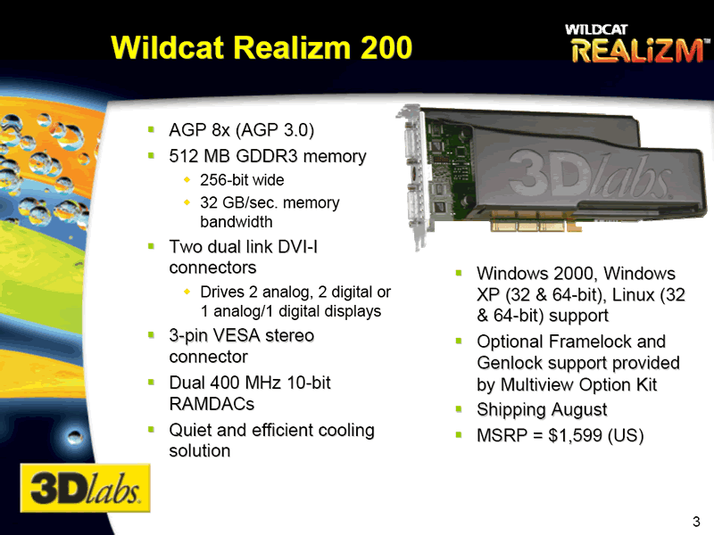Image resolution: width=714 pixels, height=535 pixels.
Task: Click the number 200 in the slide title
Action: click(x=386, y=47)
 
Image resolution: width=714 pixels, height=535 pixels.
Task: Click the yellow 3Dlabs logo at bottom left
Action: click(x=85, y=488)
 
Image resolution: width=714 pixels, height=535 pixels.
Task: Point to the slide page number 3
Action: click(x=696, y=522)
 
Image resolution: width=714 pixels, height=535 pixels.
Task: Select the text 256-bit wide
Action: click(x=242, y=180)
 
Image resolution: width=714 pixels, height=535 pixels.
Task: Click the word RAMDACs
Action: click(x=212, y=404)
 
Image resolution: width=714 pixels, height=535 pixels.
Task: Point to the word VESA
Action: click(x=237, y=336)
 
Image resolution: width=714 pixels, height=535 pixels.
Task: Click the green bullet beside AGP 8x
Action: click(x=152, y=130)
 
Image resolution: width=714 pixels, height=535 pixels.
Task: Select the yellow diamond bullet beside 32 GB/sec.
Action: click(x=187, y=202)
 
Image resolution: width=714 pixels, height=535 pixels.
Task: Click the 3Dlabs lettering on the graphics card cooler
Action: click(x=590, y=175)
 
